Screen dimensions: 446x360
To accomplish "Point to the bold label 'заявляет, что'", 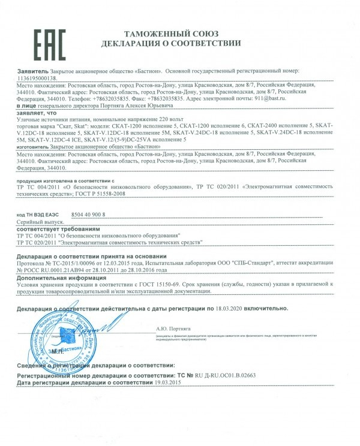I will (38, 112).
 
